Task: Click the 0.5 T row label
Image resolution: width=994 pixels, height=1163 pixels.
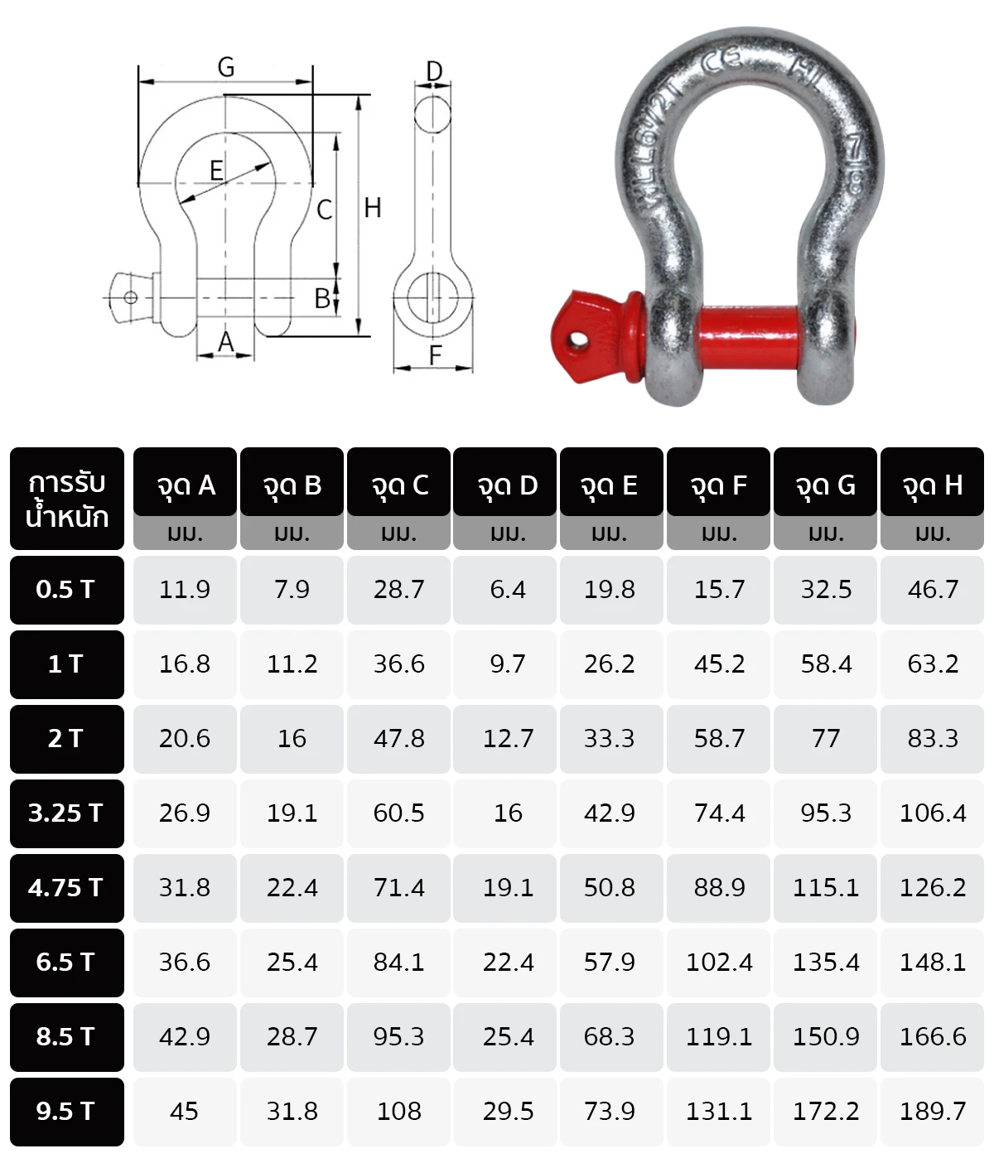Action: click(66, 590)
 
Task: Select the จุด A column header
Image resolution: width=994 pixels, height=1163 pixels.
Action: click(185, 485)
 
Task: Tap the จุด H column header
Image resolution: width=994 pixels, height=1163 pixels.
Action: click(932, 485)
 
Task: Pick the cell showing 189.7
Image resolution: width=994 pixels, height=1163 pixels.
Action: click(932, 1112)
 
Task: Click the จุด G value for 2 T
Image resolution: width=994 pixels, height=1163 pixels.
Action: click(825, 739)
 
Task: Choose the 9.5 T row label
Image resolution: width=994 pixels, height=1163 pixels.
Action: click(66, 1112)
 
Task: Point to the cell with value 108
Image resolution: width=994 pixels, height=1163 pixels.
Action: click(398, 1112)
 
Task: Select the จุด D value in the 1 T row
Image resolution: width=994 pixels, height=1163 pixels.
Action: click(507, 664)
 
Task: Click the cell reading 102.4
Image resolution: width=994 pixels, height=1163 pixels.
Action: click(718, 963)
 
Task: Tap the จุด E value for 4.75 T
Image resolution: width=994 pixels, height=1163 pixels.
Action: click(609, 888)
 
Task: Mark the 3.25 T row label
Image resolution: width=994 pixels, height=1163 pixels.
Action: click(66, 813)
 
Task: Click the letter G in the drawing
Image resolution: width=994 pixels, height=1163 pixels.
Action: click(225, 67)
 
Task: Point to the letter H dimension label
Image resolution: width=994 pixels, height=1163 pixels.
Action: click(373, 208)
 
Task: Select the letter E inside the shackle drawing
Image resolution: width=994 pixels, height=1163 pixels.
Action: click(216, 171)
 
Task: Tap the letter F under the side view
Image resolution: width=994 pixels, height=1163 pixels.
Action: click(435, 355)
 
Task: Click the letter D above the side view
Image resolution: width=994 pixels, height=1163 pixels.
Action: click(434, 72)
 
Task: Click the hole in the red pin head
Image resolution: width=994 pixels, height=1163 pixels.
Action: click(577, 339)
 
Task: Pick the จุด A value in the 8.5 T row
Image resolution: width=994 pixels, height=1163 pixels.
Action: click(185, 1037)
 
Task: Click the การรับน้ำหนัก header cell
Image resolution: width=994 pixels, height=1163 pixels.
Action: click(66, 499)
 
